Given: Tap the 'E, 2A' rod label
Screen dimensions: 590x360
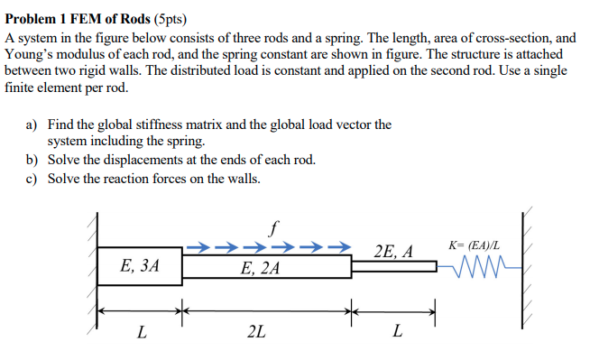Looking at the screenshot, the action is [x=260, y=268].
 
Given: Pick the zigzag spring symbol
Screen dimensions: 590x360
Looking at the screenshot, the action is [x=476, y=266].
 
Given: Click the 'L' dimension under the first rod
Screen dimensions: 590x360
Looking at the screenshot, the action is [x=141, y=332].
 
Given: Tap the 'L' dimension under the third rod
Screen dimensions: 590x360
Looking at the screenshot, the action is [x=397, y=332].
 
